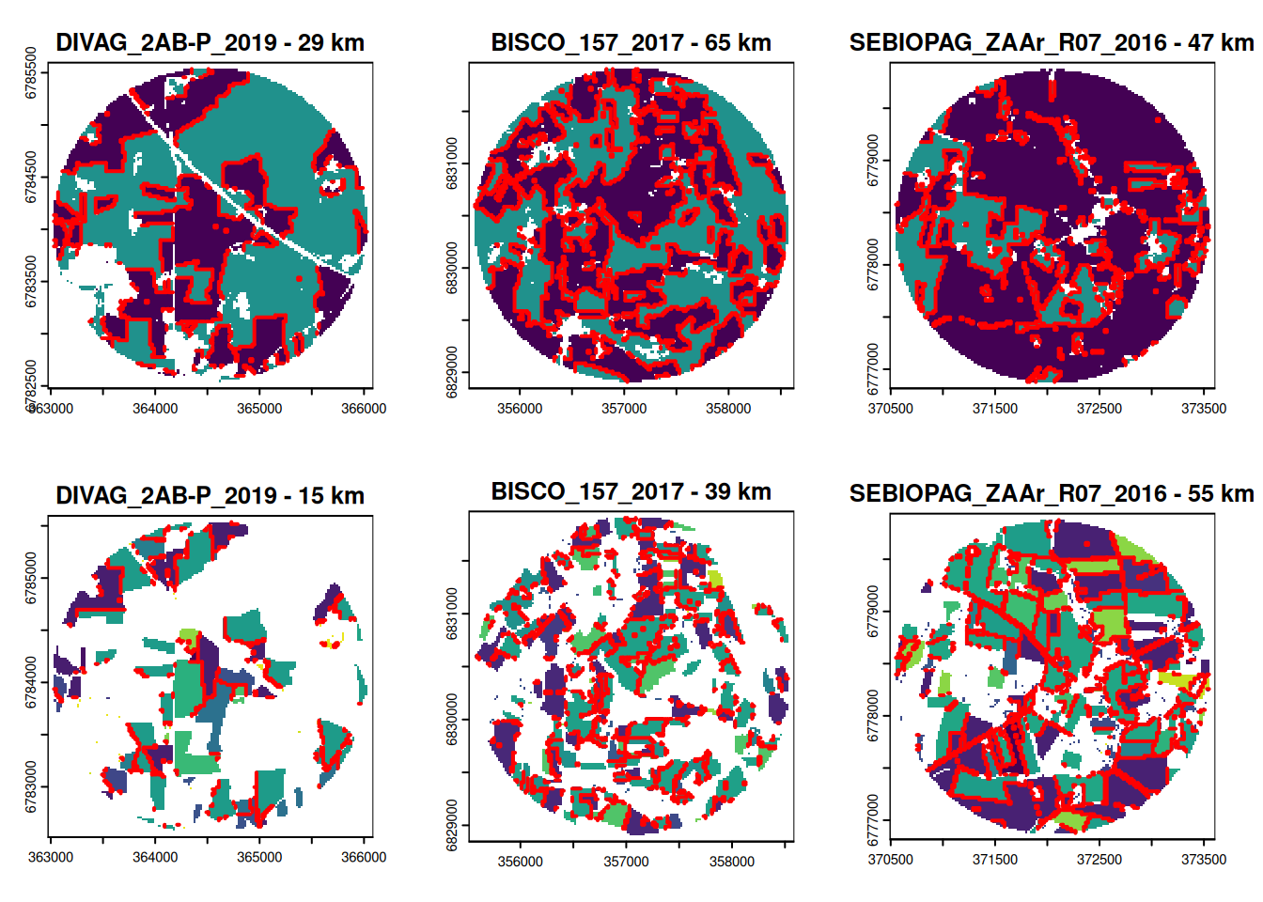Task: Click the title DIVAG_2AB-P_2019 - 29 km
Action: click(x=210, y=43)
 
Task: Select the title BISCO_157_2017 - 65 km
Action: click(x=631, y=43)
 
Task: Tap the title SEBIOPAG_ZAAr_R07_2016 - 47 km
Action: click(x=1052, y=43)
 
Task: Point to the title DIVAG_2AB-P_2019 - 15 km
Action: click(x=210, y=495)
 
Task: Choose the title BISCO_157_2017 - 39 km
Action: click(x=631, y=491)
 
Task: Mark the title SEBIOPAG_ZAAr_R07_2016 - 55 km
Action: click(x=1052, y=493)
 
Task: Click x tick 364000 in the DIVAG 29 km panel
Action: click(x=155, y=409)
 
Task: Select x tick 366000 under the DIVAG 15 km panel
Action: click(x=364, y=857)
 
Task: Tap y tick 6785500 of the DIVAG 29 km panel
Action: click(x=31, y=72)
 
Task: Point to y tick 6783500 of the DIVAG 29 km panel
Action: click(x=31, y=281)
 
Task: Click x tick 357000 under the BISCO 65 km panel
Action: click(x=624, y=409)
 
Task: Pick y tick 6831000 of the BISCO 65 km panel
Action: click(x=452, y=163)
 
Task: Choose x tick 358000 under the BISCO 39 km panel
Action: click(x=731, y=862)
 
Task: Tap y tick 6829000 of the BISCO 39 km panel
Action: click(x=452, y=825)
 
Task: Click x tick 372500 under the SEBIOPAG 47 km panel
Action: click(x=1099, y=409)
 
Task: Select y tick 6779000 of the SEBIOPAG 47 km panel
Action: click(x=873, y=160)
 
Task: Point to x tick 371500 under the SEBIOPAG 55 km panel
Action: click(x=995, y=859)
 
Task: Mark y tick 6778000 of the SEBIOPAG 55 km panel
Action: click(x=873, y=716)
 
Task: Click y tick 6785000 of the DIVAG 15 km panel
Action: click(x=31, y=578)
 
